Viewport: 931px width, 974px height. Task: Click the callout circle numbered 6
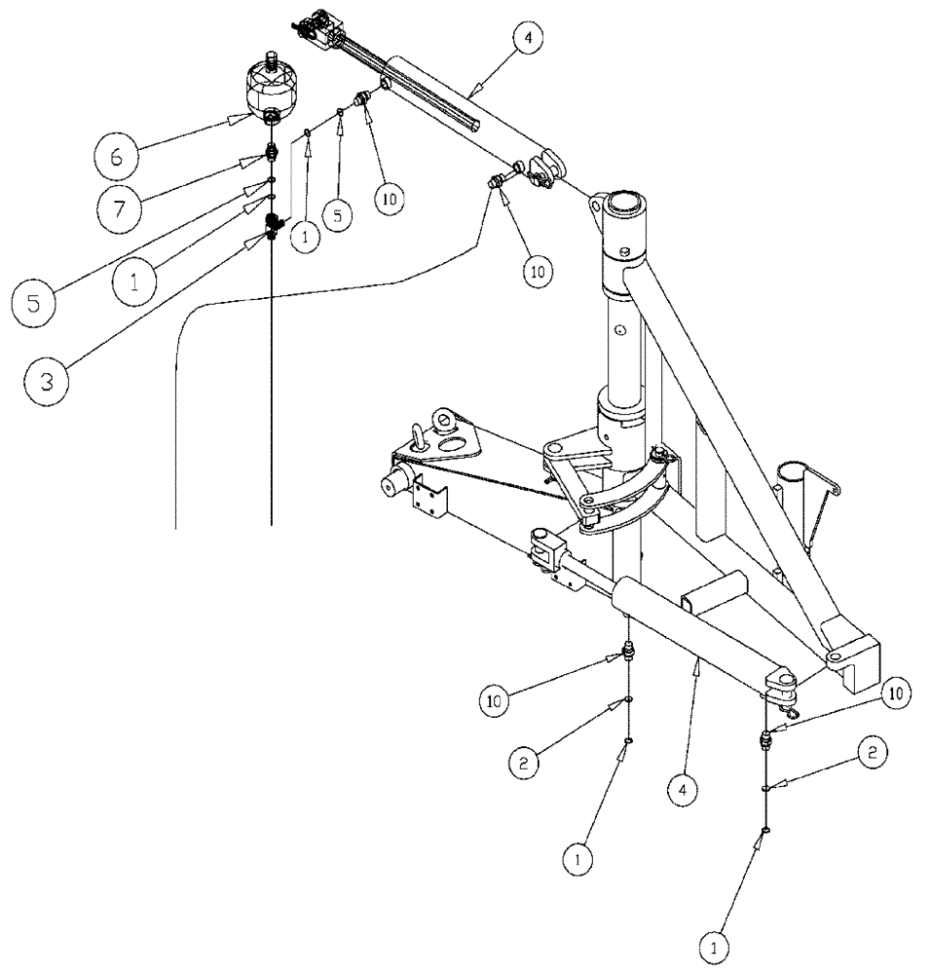pos(116,156)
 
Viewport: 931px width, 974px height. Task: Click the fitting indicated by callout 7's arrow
pos(274,153)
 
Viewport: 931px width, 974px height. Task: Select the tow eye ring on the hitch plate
pos(425,439)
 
